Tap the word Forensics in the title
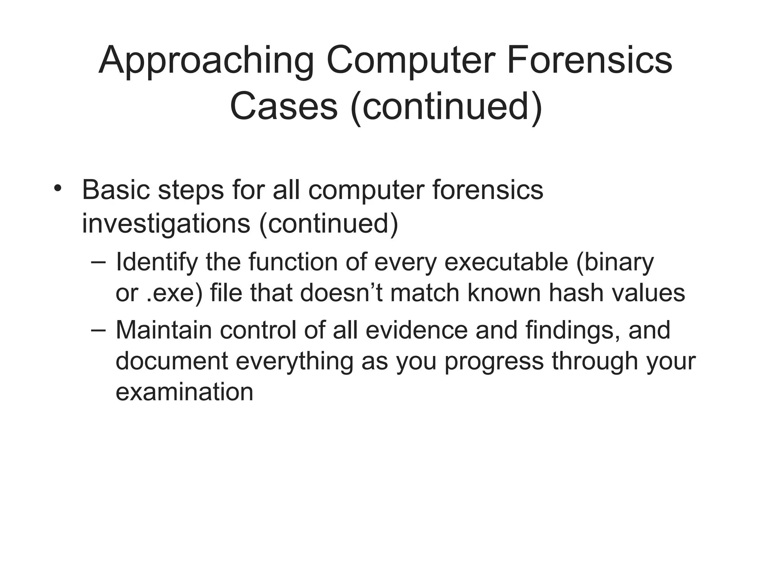[x=589, y=60]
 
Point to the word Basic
[x=115, y=190]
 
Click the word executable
[x=506, y=262]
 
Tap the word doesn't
[x=341, y=293]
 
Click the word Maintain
[x=164, y=330]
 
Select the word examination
[x=184, y=392]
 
